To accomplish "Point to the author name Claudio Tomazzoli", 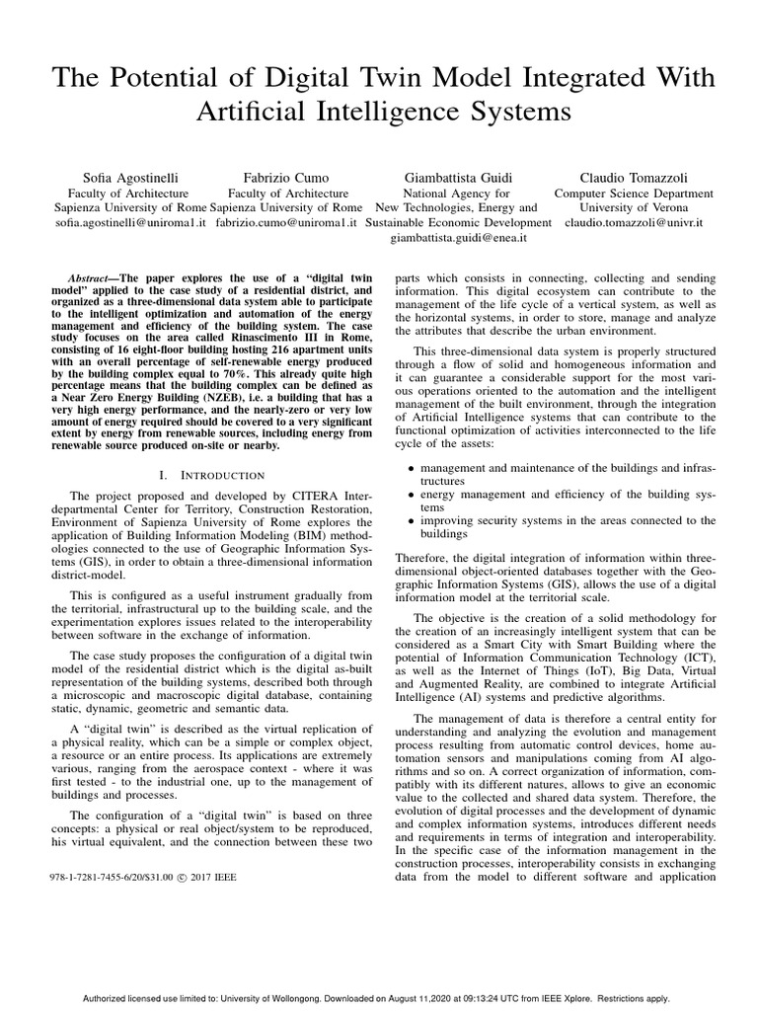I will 627,178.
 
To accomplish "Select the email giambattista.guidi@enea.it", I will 459,238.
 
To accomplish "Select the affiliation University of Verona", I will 627,208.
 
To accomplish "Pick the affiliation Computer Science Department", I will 627,194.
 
